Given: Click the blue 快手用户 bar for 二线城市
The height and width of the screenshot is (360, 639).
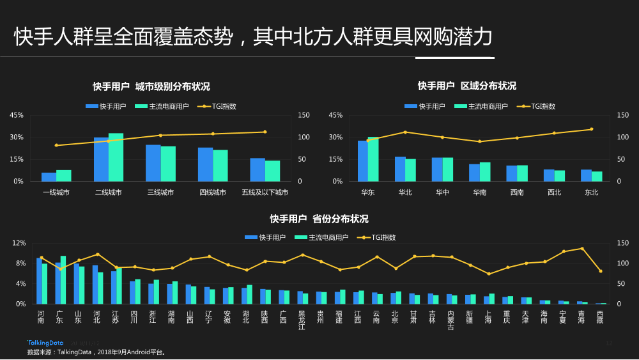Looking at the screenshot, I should click(x=101, y=159).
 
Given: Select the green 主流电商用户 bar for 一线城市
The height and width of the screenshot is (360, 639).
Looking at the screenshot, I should click(x=64, y=175).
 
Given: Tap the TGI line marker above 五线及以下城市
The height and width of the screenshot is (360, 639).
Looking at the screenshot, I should click(x=265, y=132).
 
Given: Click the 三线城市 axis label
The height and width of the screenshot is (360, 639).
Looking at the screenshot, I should click(x=160, y=192).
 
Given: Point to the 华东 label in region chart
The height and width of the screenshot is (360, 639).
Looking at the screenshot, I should click(x=367, y=192).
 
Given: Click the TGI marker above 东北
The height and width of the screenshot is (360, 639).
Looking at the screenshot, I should click(x=592, y=129).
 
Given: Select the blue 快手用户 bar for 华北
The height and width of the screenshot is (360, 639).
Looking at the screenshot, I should click(x=400, y=169).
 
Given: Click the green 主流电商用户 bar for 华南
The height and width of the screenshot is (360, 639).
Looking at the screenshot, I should click(x=485, y=171).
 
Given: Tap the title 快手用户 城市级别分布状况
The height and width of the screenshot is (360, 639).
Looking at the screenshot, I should click(x=151, y=86).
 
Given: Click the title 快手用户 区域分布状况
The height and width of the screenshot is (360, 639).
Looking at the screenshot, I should click(x=466, y=86).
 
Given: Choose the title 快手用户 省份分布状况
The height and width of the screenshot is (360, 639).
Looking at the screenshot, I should click(x=319, y=219).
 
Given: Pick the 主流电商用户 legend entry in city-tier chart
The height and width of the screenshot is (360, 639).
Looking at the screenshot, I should click(x=162, y=106).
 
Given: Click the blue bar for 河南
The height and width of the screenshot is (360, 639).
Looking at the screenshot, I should click(x=39, y=281).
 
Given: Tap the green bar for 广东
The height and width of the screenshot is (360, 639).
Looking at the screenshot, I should click(x=63, y=279).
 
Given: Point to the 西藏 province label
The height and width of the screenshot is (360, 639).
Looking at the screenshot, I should click(x=599, y=317).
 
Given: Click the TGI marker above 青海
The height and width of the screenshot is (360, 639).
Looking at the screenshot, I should click(x=581, y=248).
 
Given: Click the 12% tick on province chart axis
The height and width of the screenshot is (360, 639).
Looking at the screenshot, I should click(x=19, y=243).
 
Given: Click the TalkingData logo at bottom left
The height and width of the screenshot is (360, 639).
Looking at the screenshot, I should click(x=46, y=343).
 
